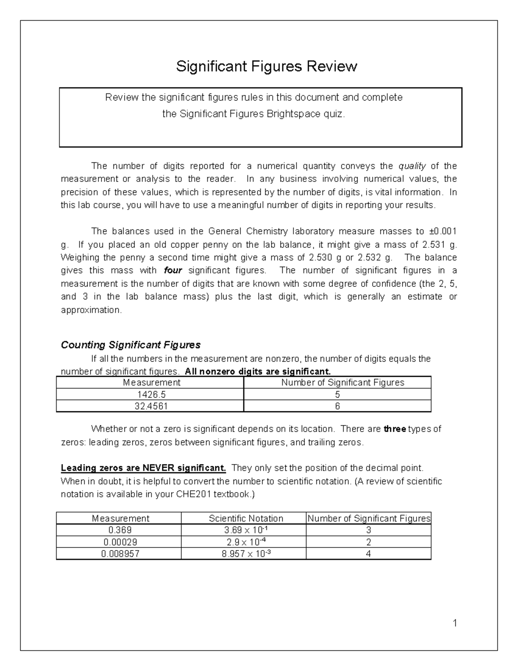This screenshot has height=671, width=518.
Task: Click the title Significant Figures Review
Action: (266, 67)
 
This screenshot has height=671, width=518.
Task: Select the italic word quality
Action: (412, 166)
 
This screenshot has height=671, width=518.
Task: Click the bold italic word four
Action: (173, 270)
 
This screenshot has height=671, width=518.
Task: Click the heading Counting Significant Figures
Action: (131, 345)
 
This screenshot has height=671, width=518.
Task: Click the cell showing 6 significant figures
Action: (337, 406)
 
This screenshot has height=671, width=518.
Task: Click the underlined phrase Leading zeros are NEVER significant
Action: (143, 468)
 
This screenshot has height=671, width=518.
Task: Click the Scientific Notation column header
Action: (246, 518)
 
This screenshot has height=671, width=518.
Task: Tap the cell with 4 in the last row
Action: (368, 554)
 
